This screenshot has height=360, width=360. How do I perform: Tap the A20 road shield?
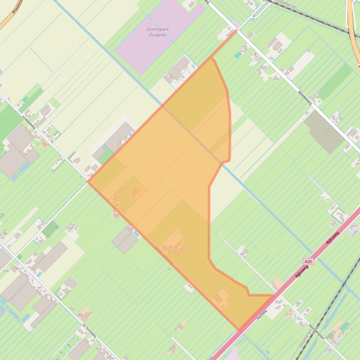pos(308,262)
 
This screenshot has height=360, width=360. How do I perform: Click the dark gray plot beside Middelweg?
pos(324,131)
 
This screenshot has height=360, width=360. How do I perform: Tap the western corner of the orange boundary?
pos(88,181)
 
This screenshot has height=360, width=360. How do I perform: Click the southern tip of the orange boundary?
pos(239,330)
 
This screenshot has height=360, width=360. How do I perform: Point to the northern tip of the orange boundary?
pos(236,29)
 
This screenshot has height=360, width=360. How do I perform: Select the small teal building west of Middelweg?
pos(238,55)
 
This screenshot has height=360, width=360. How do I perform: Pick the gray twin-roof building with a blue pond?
pos(125,239)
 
